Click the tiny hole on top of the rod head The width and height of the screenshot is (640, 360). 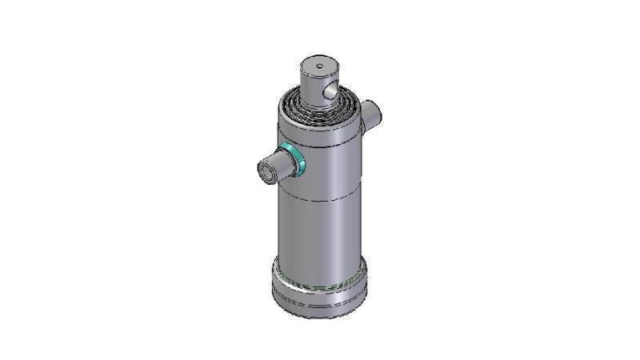point(318,66)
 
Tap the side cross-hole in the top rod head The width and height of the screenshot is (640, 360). point(329,93)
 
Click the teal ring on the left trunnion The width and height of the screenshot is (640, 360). point(298,162)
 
